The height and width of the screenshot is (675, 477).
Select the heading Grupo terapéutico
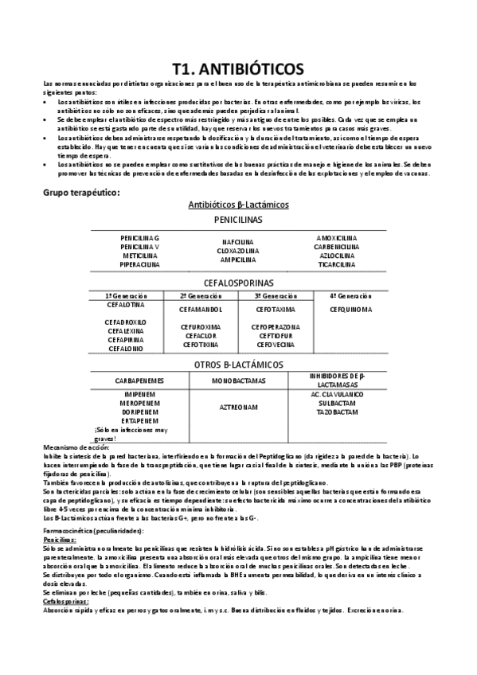coord(80,193)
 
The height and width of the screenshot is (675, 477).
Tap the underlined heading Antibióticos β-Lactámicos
coord(238,205)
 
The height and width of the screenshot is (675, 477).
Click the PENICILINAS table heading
coord(238,220)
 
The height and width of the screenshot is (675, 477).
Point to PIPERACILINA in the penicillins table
coord(139,264)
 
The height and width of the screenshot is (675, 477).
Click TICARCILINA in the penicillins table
coord(336,264)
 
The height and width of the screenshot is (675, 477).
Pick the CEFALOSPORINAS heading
coord(238,283)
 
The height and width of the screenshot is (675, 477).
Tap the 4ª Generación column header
coord(350,295)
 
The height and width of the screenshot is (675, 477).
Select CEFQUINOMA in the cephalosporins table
coord(350,309)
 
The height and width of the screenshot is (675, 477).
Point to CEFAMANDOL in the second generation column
coord(201,309)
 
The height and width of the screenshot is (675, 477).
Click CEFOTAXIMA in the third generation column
coord(276,309)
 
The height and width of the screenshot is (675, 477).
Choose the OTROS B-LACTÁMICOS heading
coord(238,365)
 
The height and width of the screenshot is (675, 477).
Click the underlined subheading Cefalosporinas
coord(65,602)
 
